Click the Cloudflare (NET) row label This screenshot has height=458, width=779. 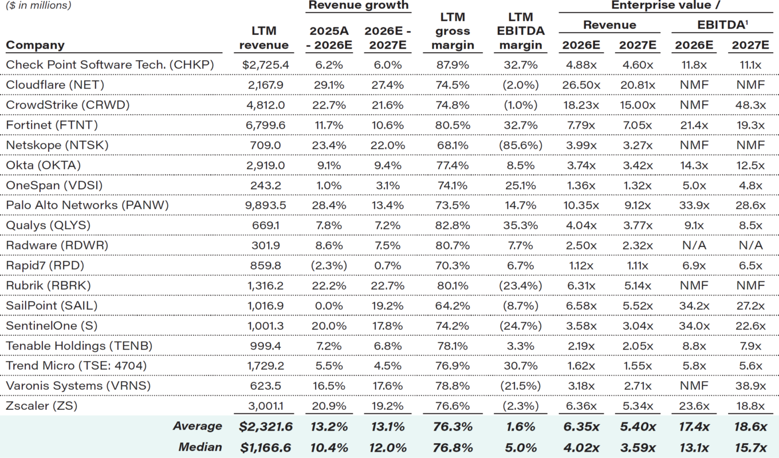tap(47, 85)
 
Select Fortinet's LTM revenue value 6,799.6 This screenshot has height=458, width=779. tap(263, 125)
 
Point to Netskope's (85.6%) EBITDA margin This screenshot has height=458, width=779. tap(521, 145)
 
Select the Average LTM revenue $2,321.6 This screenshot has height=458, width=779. tap(265, 426)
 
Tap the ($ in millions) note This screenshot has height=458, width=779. tap(38, 6)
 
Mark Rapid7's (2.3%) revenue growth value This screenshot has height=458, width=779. tap(329, 265)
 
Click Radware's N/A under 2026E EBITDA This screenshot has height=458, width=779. tap(694, 245)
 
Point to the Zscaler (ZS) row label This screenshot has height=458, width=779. tap(41, 406)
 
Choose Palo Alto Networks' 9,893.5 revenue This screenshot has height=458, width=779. tap(263, 205)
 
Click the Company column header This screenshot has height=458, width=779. tap(35, 45)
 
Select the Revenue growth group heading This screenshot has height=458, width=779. tap(359, 5)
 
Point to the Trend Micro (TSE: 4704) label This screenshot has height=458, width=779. tap(76, 366)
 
